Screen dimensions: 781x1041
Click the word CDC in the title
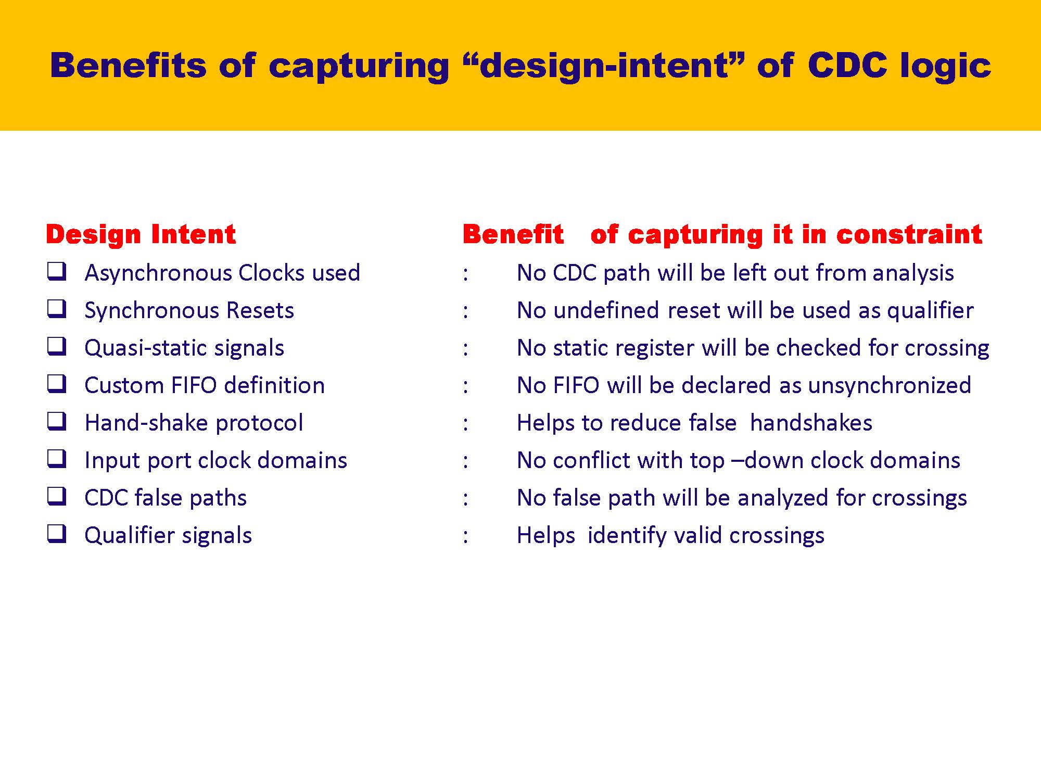point(847,66)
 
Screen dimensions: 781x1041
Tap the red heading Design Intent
point(141,234)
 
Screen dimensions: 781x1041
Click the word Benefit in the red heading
point(513,234)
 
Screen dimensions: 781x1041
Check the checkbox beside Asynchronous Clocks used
point(57,271)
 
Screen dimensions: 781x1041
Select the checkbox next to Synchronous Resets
point(57,309)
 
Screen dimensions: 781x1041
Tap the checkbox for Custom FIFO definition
point(57,384)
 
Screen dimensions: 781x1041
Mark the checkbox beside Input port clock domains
point(57,459)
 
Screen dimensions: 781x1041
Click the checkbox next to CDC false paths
point(57,496)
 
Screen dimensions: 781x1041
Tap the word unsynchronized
point(890,385)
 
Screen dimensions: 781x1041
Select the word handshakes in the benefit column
point(811,423)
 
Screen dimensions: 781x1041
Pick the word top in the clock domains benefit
point(707,460)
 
